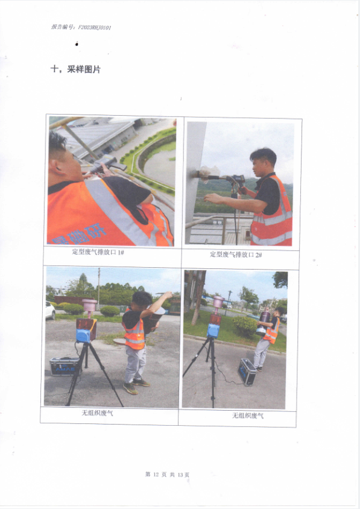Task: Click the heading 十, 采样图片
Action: click(75, 69)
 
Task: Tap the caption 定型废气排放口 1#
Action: click(98, 252)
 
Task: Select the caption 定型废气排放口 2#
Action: click(236, 255)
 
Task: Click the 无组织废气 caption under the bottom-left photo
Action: click(97, 413)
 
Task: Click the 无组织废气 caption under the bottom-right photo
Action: click(248, 416)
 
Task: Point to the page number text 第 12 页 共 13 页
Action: click(167, 475)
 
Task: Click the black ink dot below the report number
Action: click(77, 44)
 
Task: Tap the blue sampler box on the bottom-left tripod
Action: click(83, 336)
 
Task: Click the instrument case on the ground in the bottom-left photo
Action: click(64, 366)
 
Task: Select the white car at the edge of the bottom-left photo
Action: click(50, 311)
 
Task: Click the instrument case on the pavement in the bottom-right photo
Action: click(247, 371)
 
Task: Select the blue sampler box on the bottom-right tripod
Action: click(213, 330)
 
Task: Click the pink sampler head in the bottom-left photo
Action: click(90, 306)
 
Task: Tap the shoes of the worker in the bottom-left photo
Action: click(136, 386)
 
